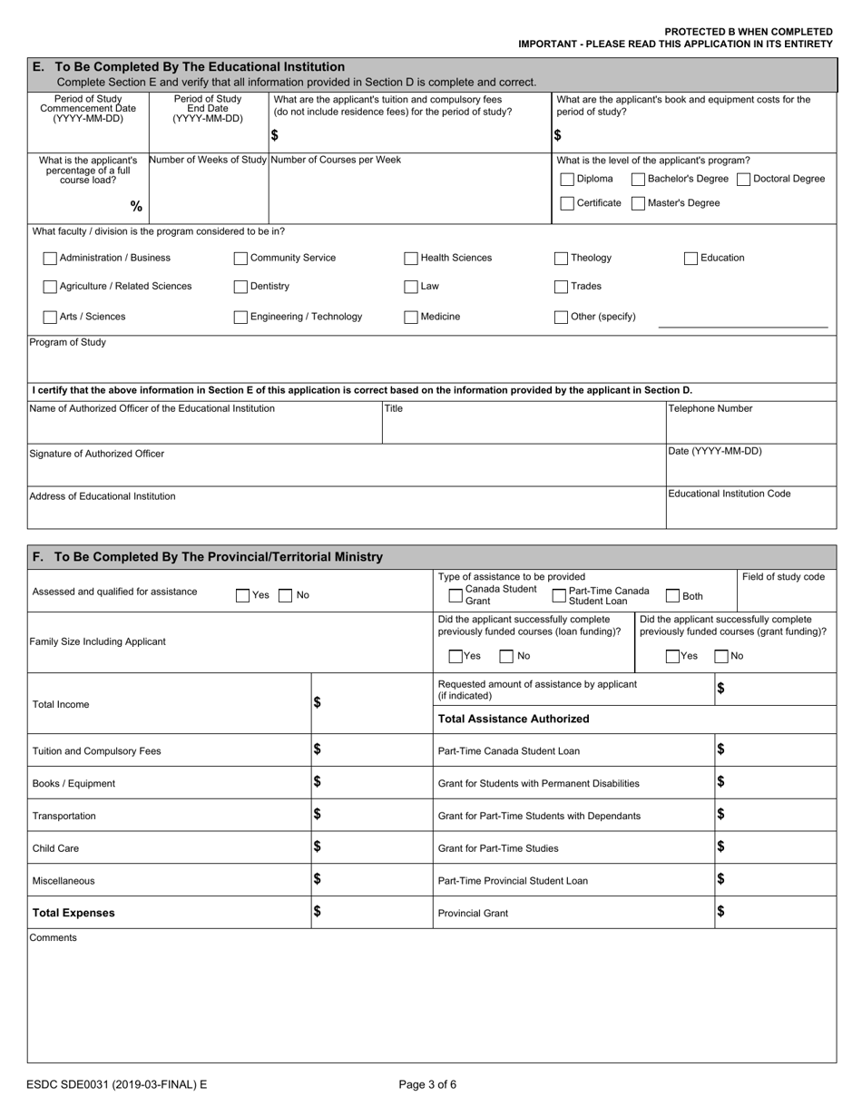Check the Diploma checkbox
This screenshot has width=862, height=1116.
click(x=567, y=179)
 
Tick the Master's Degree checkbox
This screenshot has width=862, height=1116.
click(x=638, y=203)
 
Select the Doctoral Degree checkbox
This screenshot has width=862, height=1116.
click(x=743, y=179)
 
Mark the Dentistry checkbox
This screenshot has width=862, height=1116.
click(x=240, y=287)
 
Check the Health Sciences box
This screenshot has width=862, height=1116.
click(x=411, y=259)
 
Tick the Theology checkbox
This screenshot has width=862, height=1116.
click(x=562, y=259)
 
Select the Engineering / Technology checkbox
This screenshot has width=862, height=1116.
click(x=240, y=318)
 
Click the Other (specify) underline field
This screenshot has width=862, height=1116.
click(x=742, y=318)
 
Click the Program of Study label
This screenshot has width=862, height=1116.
click(x=68, y=343)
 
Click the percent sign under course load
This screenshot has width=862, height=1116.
click(x=136, y=207)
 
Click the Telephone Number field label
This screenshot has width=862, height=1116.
click(x=710, y=408)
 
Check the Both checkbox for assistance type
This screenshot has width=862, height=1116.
click(x=672, y=596)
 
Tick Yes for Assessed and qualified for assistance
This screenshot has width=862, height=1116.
click(x=242, y=596)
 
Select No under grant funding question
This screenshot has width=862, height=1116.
click(x=721, y=656)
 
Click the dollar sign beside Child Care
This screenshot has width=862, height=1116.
click(x=318, y=847)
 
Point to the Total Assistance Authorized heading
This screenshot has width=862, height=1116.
click(x=513, y=719)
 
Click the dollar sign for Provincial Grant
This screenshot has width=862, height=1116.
click(x=720, y=911)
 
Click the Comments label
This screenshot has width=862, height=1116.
click(x=54, y=937)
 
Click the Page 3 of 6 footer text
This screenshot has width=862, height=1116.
click(x=428, y=1083)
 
